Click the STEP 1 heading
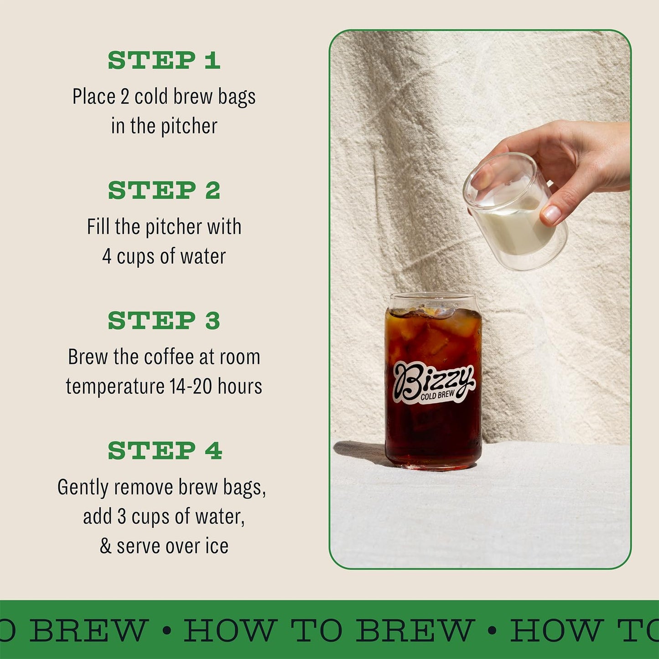[x=164, y=60]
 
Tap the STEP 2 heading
[x=164, y=190]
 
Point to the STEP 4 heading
[x=165, y=451]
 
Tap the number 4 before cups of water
[x=107, y=256]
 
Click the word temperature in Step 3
[x=115, y=387]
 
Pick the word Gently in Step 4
[x=83, y=488]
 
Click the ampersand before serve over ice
[x=105, y=546]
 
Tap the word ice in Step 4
[x=217, y=546]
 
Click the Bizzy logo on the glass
[x=433, y=380]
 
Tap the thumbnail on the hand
[x=551, y=213]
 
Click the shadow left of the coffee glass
[x=360, y=451]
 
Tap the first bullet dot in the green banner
[x=167, y=631]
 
